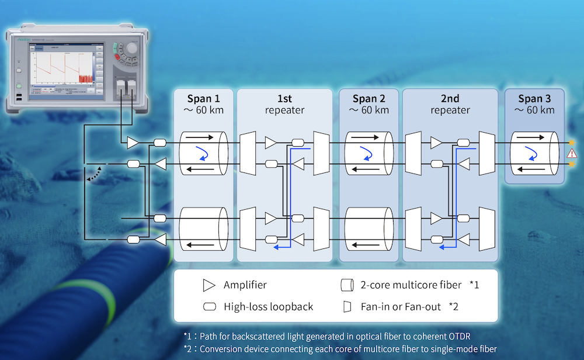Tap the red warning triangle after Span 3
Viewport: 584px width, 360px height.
point(571,154)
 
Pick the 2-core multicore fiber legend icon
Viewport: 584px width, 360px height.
point(346,285)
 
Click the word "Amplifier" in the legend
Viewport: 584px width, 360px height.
point(245,285)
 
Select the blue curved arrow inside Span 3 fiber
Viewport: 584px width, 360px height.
point(532,153)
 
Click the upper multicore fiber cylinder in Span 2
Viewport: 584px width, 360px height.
point(367,153)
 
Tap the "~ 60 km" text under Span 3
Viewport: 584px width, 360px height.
point(534,110)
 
